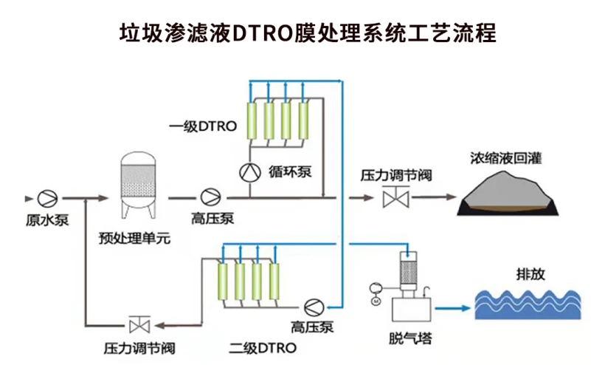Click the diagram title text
(x=295, y=33)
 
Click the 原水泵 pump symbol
(x=48, y=198)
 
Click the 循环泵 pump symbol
(x=249, y=171)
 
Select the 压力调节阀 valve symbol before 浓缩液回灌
(x=396, y=198)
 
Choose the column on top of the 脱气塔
(x=409, y=270)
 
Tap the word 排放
(x=529, y=273)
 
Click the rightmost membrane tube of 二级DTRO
(x=276, y=282)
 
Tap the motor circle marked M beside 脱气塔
(x=375, y=300)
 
